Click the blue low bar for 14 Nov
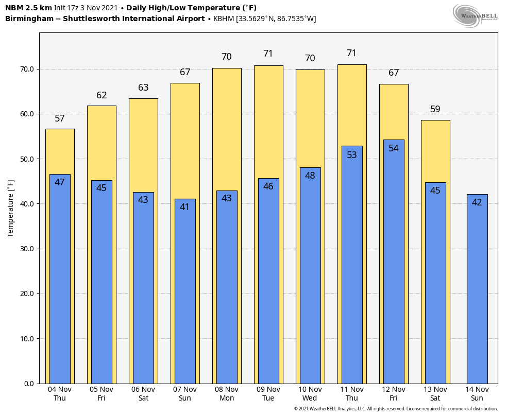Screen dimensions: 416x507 tap(477, 288)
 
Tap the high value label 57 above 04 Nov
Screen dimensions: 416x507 tap(60, 119)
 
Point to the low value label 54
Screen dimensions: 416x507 tap(394, 148)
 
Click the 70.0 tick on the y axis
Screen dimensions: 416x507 tap(27, 69)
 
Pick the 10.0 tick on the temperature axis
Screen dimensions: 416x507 tap(27, 339)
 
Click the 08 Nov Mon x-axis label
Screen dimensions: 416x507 tap(227, 394)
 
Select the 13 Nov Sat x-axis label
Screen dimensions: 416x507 tap(435, 394)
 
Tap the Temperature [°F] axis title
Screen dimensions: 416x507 tap(11, 208)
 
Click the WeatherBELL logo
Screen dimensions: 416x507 tap(475, 15)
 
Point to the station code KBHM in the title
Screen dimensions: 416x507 tap(224, 19)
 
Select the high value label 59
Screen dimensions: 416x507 tap(435, 110)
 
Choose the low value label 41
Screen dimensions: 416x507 tap(185, 207)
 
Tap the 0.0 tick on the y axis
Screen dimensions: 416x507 tap(28, 384)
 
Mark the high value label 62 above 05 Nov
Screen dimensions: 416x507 tap(102, 96)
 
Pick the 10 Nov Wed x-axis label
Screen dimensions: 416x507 tap(310, 394)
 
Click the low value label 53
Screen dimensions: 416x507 tap(352, 155)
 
